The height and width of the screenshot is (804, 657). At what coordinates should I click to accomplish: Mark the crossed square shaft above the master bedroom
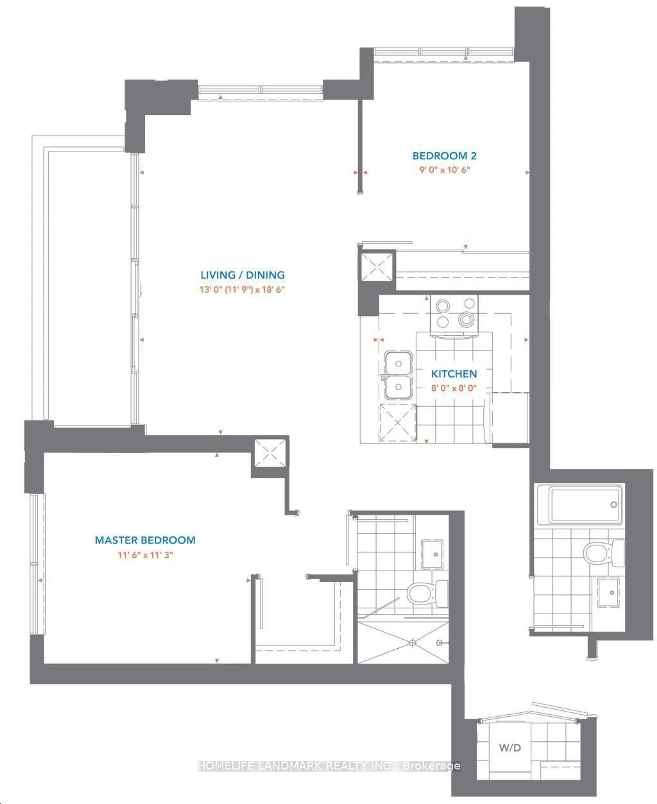[270, 453]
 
